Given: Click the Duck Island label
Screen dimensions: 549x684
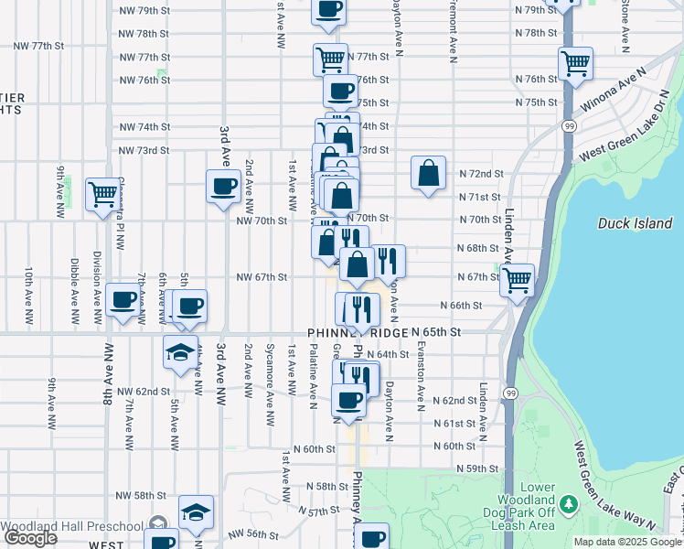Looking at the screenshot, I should click(635, 223).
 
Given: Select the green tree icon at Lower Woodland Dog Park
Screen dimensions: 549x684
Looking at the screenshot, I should click(569, 503).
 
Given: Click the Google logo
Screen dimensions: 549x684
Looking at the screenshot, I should click(31, 538).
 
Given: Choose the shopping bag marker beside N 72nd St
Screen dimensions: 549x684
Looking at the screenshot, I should click(428, 173).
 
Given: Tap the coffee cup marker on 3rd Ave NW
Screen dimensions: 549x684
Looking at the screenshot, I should click(223, 188).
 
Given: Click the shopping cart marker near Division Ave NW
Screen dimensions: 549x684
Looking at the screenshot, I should click(102, 194).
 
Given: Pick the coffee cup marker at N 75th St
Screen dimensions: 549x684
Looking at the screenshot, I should click(340, 91).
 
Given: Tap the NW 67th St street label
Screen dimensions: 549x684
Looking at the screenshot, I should click(262, 276).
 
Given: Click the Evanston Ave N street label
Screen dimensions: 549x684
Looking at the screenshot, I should click(421, 374).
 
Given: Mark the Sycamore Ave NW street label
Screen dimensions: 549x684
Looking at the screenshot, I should click(270, 371).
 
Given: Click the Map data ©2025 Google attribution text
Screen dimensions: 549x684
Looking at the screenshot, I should click(626, 541).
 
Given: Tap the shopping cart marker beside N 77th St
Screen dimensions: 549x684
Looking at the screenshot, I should click(330, 59).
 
